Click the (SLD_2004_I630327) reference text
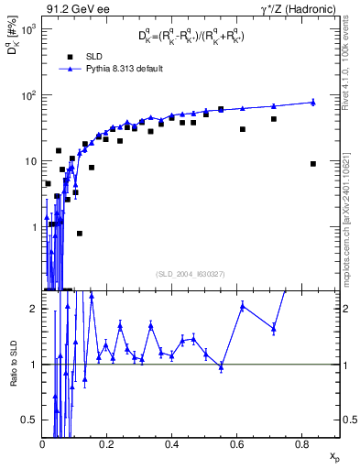191,273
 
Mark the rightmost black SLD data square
313,164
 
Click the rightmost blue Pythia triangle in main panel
313,102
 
